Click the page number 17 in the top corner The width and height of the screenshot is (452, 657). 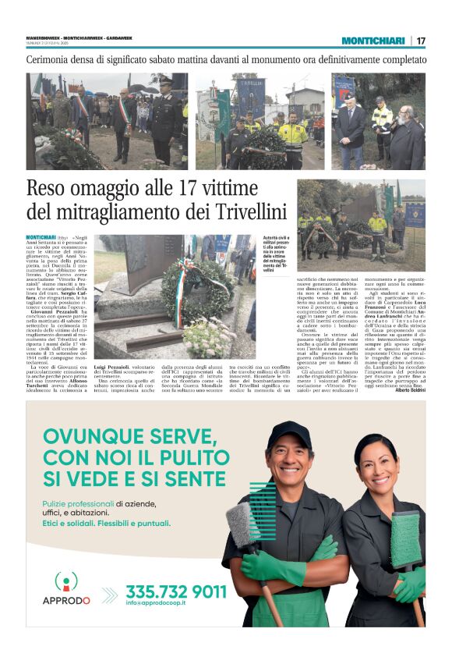pos(421,41)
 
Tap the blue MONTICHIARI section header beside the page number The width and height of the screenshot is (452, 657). pos(373,41)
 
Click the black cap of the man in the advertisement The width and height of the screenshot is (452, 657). pos(288,429)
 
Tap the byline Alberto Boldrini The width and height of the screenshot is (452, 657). pos(408,389)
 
